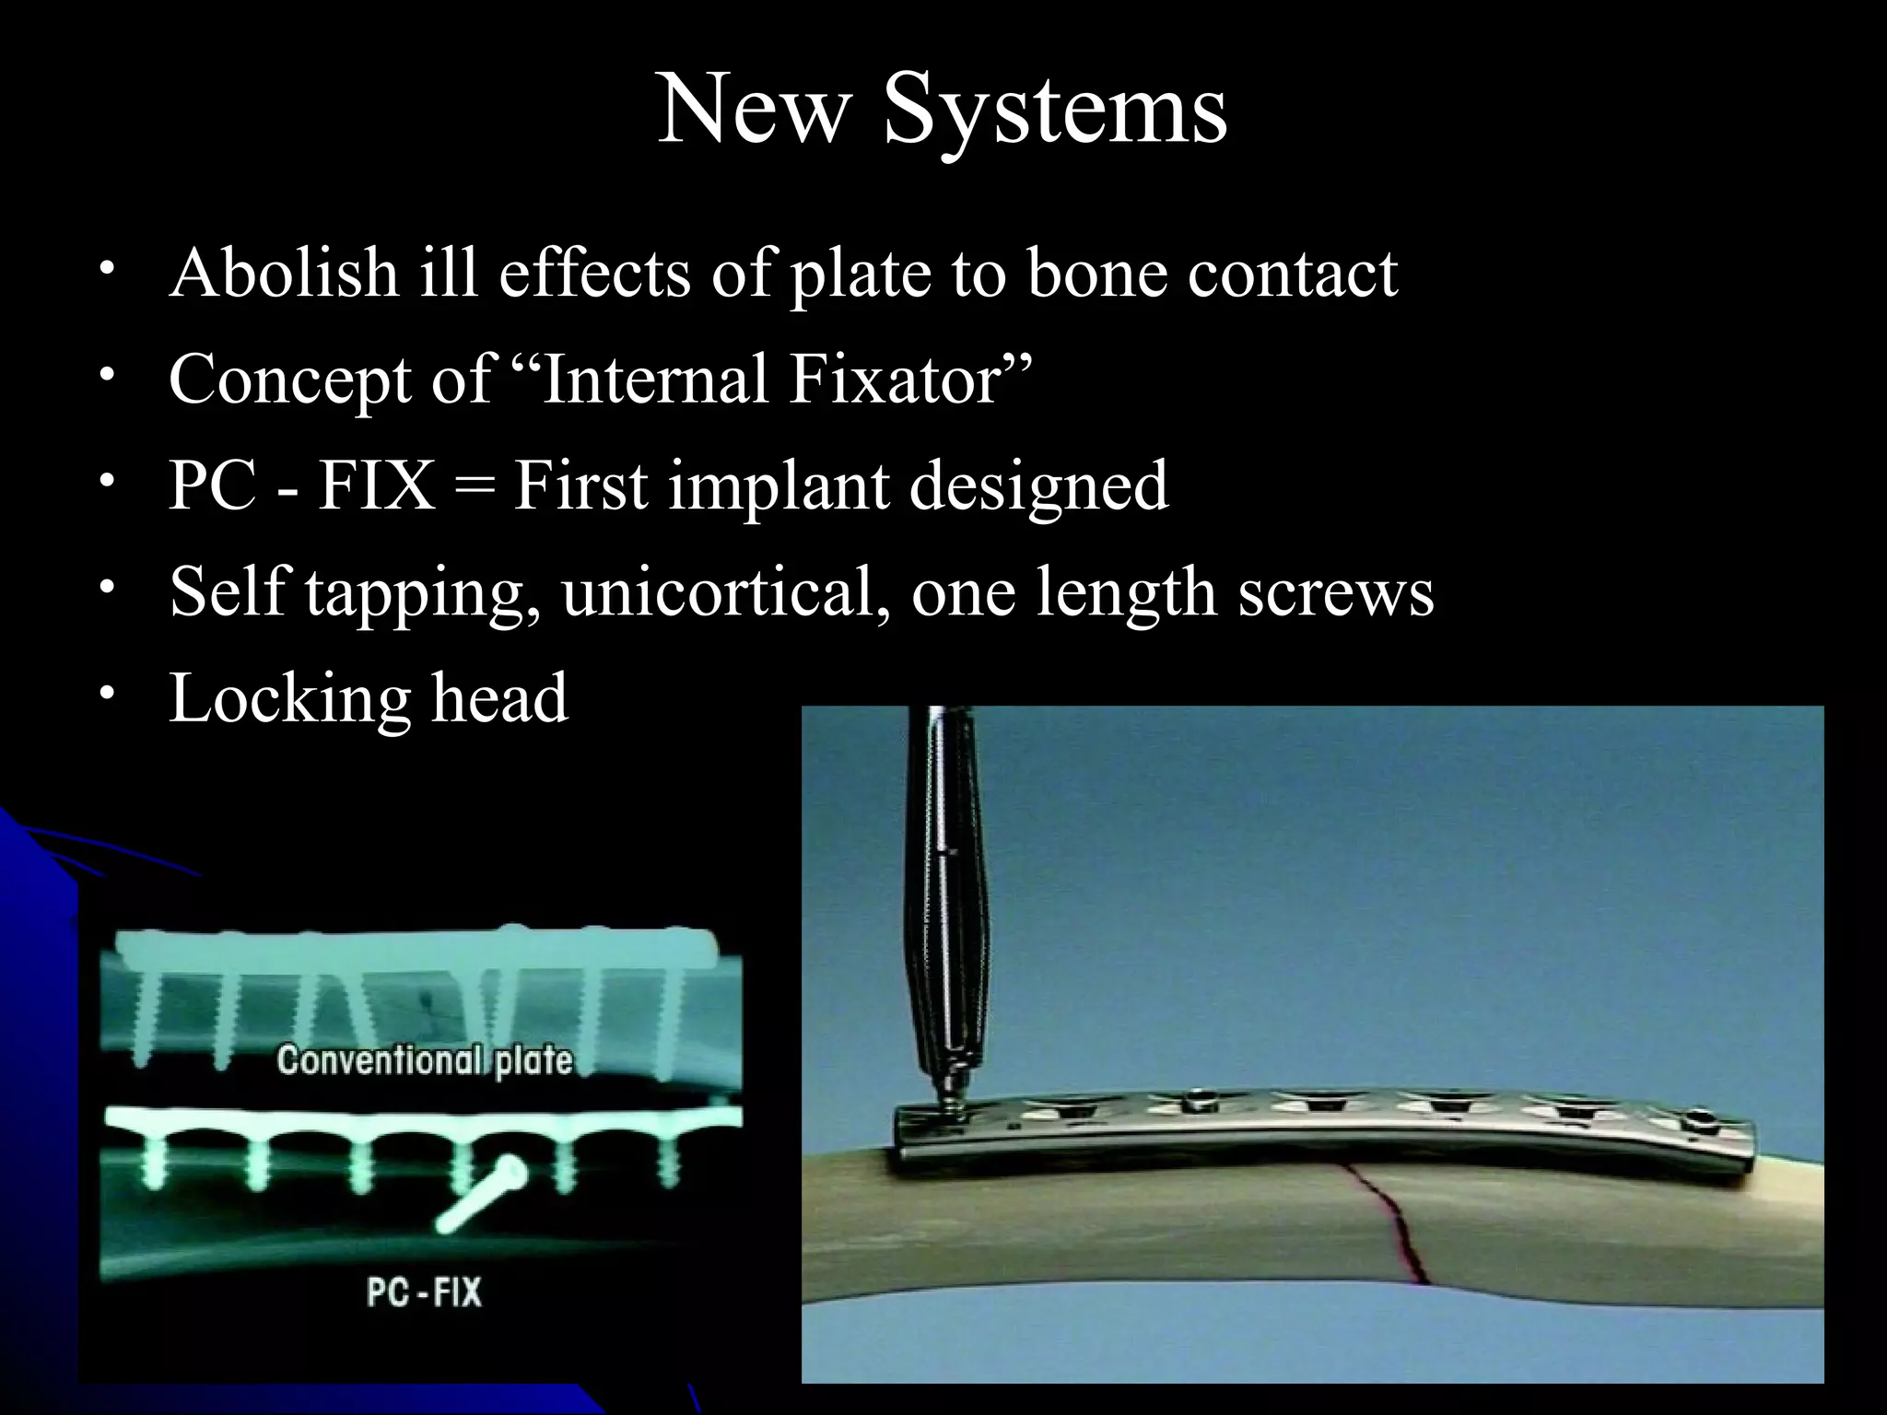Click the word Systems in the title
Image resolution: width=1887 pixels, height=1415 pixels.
pos(1055,112)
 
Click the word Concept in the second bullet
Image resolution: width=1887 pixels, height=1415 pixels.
pos(289,380)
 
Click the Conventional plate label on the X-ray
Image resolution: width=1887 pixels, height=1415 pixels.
pos(424,1060)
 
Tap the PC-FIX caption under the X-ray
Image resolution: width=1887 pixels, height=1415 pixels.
pos(424,1292)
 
